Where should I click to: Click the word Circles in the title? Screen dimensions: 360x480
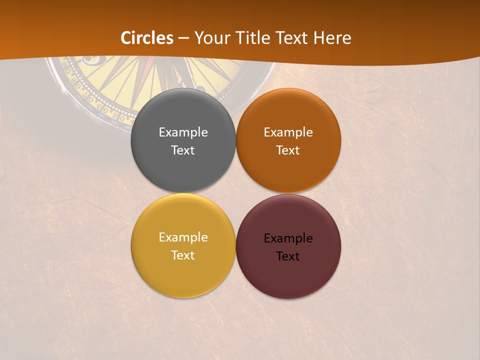point(146,38)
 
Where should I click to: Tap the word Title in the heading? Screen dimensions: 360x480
point(255,38)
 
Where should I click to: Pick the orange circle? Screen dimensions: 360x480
point(288,170)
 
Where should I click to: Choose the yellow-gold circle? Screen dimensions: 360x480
point(183,277)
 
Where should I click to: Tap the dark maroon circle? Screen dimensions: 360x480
point(288,277)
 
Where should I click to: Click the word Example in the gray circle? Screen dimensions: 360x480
point(183,132)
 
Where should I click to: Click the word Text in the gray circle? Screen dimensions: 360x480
point(183,150)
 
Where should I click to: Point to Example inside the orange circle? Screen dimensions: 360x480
point(288,132)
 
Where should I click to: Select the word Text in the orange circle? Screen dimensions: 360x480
point(288,150)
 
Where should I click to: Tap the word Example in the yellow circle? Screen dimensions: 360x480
point(183,237)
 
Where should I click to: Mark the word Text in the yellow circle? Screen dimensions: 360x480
point(183,255)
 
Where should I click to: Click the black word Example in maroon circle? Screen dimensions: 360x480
point(288,238)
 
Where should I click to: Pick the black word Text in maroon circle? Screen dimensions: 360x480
point(288,256)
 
